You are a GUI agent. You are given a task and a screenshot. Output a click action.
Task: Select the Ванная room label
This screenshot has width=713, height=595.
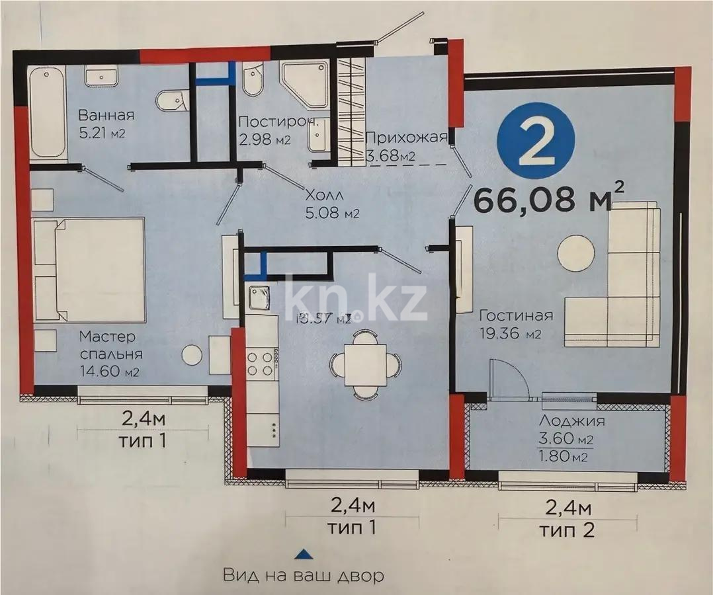[x=106, y=116]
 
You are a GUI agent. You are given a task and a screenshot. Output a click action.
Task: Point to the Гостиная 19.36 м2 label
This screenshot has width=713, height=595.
[x=516, y=324]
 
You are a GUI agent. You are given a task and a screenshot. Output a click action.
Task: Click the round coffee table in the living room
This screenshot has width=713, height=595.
[x=575, y=253]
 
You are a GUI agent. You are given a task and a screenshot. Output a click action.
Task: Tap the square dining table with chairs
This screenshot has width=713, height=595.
[x=366, y=364]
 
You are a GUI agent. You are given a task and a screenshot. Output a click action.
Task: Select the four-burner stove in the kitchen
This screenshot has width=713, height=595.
[x=261, y=364]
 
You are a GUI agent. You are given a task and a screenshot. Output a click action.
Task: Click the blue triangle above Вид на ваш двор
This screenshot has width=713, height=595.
[x=302, y=553]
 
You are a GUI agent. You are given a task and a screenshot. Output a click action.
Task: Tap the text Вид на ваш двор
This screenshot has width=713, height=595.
[x=303, y=575]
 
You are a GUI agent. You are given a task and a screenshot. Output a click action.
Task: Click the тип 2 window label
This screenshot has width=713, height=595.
[x=566, y=530]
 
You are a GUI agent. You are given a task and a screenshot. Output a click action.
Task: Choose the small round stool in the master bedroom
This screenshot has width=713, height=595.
[x=192, y=355]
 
